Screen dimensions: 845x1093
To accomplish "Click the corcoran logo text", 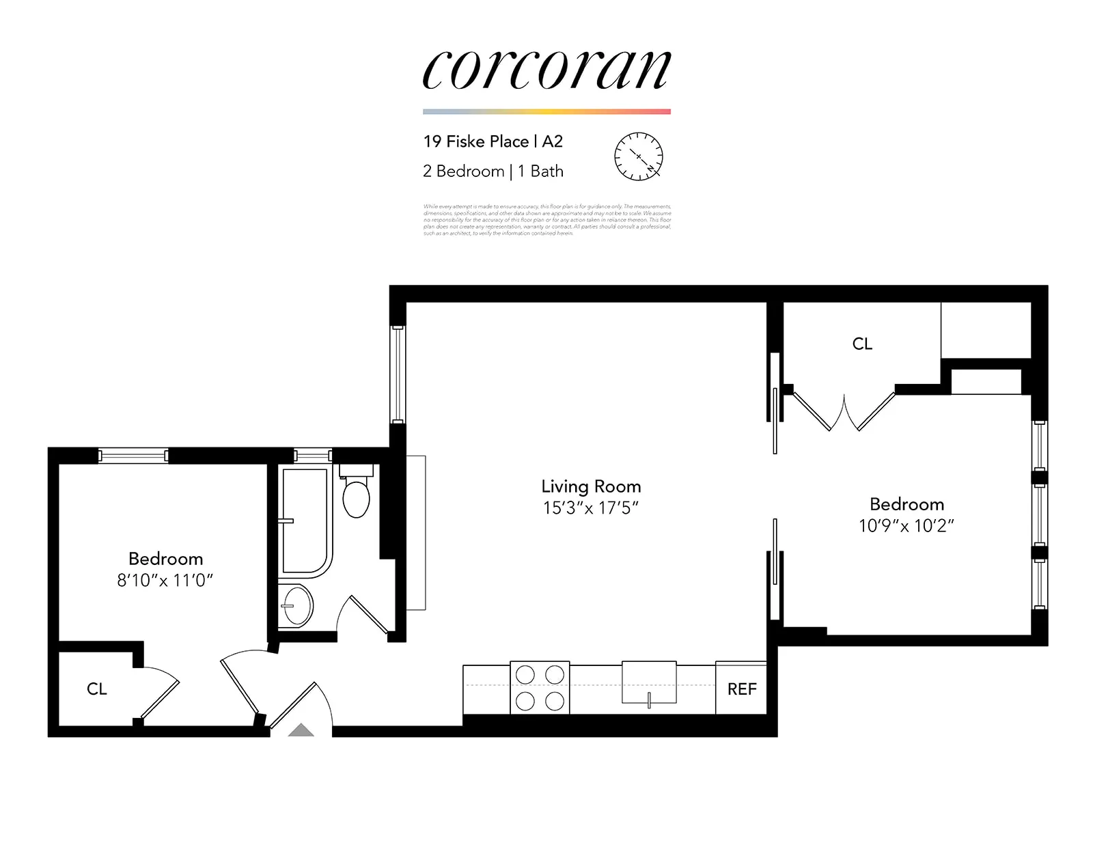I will (546, 70).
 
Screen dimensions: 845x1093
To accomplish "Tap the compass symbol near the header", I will (639, 156).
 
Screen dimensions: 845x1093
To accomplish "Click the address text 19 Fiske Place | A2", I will (493, 141).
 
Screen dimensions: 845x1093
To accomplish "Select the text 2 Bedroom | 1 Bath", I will (493, 171).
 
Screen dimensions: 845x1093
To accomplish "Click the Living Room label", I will (591, 486).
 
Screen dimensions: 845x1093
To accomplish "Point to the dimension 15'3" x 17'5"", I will (591, 508).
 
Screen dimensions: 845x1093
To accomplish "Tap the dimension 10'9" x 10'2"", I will (906, 525).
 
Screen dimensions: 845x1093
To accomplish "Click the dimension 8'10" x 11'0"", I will (165, 580).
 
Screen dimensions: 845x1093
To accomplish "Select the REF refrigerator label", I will (741, 689).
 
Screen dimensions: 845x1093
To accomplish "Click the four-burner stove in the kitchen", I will (540, 687).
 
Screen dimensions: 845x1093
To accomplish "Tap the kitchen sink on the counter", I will (648, 682).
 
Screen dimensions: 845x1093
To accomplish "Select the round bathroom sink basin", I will (297, 605).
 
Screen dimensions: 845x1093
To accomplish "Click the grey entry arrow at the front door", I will (301, 731).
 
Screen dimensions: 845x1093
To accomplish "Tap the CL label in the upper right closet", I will (862, 344).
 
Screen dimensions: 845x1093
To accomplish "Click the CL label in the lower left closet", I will (96, 689).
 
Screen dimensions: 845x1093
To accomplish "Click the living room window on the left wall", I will (398, 374).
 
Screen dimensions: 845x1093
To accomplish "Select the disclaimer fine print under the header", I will (546, 219).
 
